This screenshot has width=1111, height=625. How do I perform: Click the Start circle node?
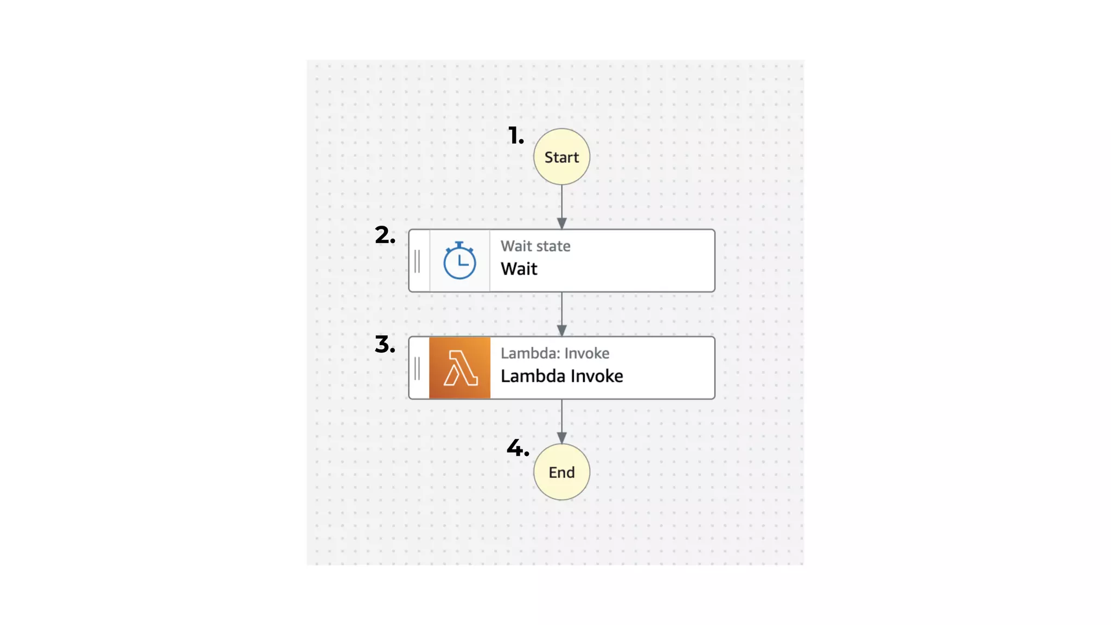pyautogui.click(x=561, y=157)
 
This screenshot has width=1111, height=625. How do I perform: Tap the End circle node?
pyautogui.click(x=561, y=472)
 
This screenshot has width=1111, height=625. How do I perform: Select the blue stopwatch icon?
pyautogui.click(x=459, y=261)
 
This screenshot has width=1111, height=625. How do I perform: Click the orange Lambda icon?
pyautogui.click(x=459, y=368)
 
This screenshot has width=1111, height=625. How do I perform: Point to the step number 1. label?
pyautogui.click(x=516, y=136)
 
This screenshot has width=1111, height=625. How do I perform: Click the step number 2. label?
pyautogui.click(x=385, y=235)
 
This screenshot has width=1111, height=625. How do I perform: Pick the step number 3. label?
pyautogui.click(x=385, y=345)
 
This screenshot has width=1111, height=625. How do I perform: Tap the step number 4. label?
pyautogui.click(x=518, y=448)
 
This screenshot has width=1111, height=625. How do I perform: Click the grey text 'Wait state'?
pyautogui.click(x=535, y=246)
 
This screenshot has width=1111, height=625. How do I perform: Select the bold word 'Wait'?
pyautogui.click(x=519, y=269)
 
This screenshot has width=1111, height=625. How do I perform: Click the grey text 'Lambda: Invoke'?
pyautogui.click(x=554, y=353)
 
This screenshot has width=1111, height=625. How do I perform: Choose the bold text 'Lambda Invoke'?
pyautogui.click(x=561, y=376)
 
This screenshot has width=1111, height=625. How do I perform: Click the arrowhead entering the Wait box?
pyautogui.click(x=561, y=224)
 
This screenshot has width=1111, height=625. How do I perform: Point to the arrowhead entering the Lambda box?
pyautogui.click(x=561, y=330)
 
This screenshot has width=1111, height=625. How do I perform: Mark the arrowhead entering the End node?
pyautogui.click(x=561, y=438)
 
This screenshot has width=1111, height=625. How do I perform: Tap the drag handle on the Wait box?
pyautogui.click(x=417, y=262)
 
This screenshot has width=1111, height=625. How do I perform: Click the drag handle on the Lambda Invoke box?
pyautogui.click(x=417, y=368)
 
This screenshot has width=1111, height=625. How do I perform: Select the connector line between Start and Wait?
pyautogui.click(x=561, y=201)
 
